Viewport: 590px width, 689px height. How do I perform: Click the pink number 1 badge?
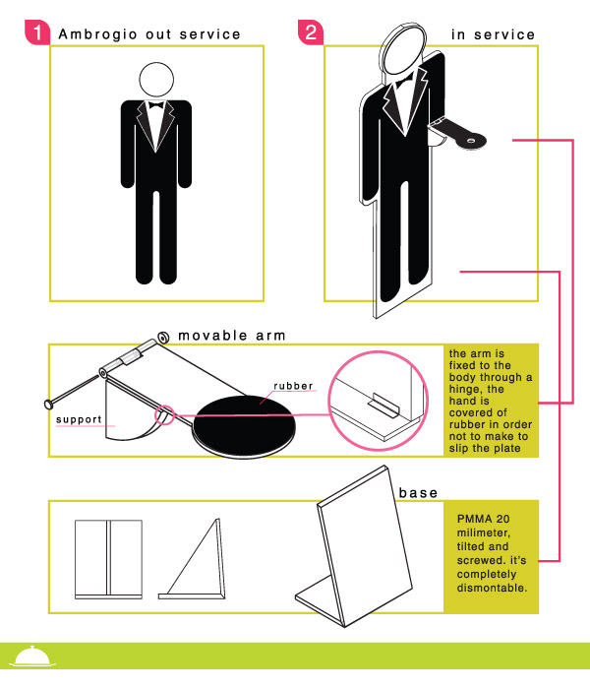pyautogui.click(x=37, y=32)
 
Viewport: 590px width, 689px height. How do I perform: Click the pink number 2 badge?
pyautogui.click(x=311, y=32)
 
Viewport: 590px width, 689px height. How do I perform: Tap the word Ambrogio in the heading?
pyautogui.click(x=98, y=34)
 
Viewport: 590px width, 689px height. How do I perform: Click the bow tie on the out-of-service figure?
pyautogui.click(x=156, y=105)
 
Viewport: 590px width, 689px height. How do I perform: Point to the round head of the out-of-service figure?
pyautogui.click(x=156, y=80)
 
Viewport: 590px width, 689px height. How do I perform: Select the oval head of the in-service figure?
pyautogui.click(x=403, y=48)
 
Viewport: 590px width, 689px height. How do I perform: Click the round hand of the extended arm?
pyautogui.click(x=471, y=141)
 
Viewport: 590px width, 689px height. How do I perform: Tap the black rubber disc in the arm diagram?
pyautogui.click(x=244, y=425)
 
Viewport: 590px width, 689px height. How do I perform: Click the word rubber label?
pyautogui.click(x=293, y=386)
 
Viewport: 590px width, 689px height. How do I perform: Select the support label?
pyautogui.click(x=79, y=419)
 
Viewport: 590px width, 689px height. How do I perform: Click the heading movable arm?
pyautogui.click(x=232, y=336)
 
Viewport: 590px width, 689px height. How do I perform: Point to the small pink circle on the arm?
pyautogui.click(x=164, y=415)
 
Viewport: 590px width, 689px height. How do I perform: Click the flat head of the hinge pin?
pyautogui.click(x=49, y=404)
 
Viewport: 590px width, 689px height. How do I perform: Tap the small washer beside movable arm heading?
pyautogui.click(x=164, y=338)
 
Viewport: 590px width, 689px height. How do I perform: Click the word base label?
pyautogui.click(x=418, y=493)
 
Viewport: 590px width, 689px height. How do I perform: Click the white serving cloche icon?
pyautogui.click(x=32, y=657)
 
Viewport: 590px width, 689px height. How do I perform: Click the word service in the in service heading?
pyautogui.click(x=504, y=34)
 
